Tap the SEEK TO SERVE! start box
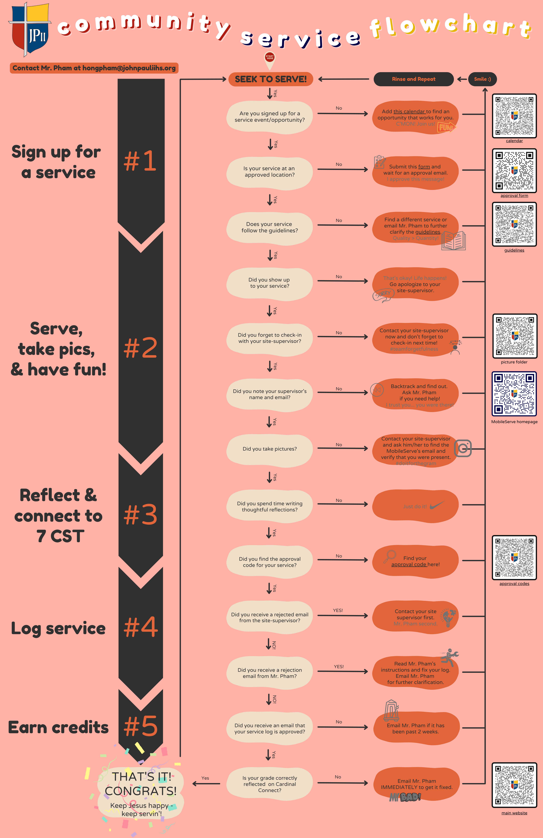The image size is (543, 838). click(x=270, y=79)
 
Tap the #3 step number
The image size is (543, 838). click(x=140, y=515)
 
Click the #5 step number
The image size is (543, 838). click(x=140, y=726)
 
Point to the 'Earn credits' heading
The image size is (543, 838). click(x=58, y=727)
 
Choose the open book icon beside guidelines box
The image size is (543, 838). click(x=453, y=241)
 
